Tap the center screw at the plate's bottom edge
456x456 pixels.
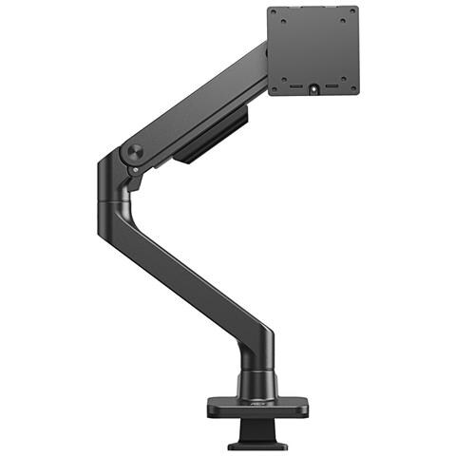click(x=313, y=89)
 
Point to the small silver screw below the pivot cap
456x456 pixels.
click(x=136, y=171)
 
